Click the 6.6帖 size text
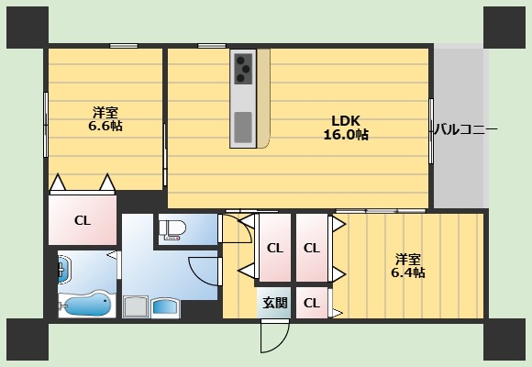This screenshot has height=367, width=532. [105, 126]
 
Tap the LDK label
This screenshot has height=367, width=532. [345, 120]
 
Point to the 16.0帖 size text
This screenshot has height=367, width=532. [345, 135]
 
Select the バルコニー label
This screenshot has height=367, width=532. [465, 130]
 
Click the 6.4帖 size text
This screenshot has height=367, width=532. [409, 272]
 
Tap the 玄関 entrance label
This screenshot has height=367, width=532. [274, 303]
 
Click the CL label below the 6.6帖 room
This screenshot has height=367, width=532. [83, 220]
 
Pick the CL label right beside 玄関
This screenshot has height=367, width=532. [311, 303]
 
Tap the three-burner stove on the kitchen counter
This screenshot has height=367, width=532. [244, 65]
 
